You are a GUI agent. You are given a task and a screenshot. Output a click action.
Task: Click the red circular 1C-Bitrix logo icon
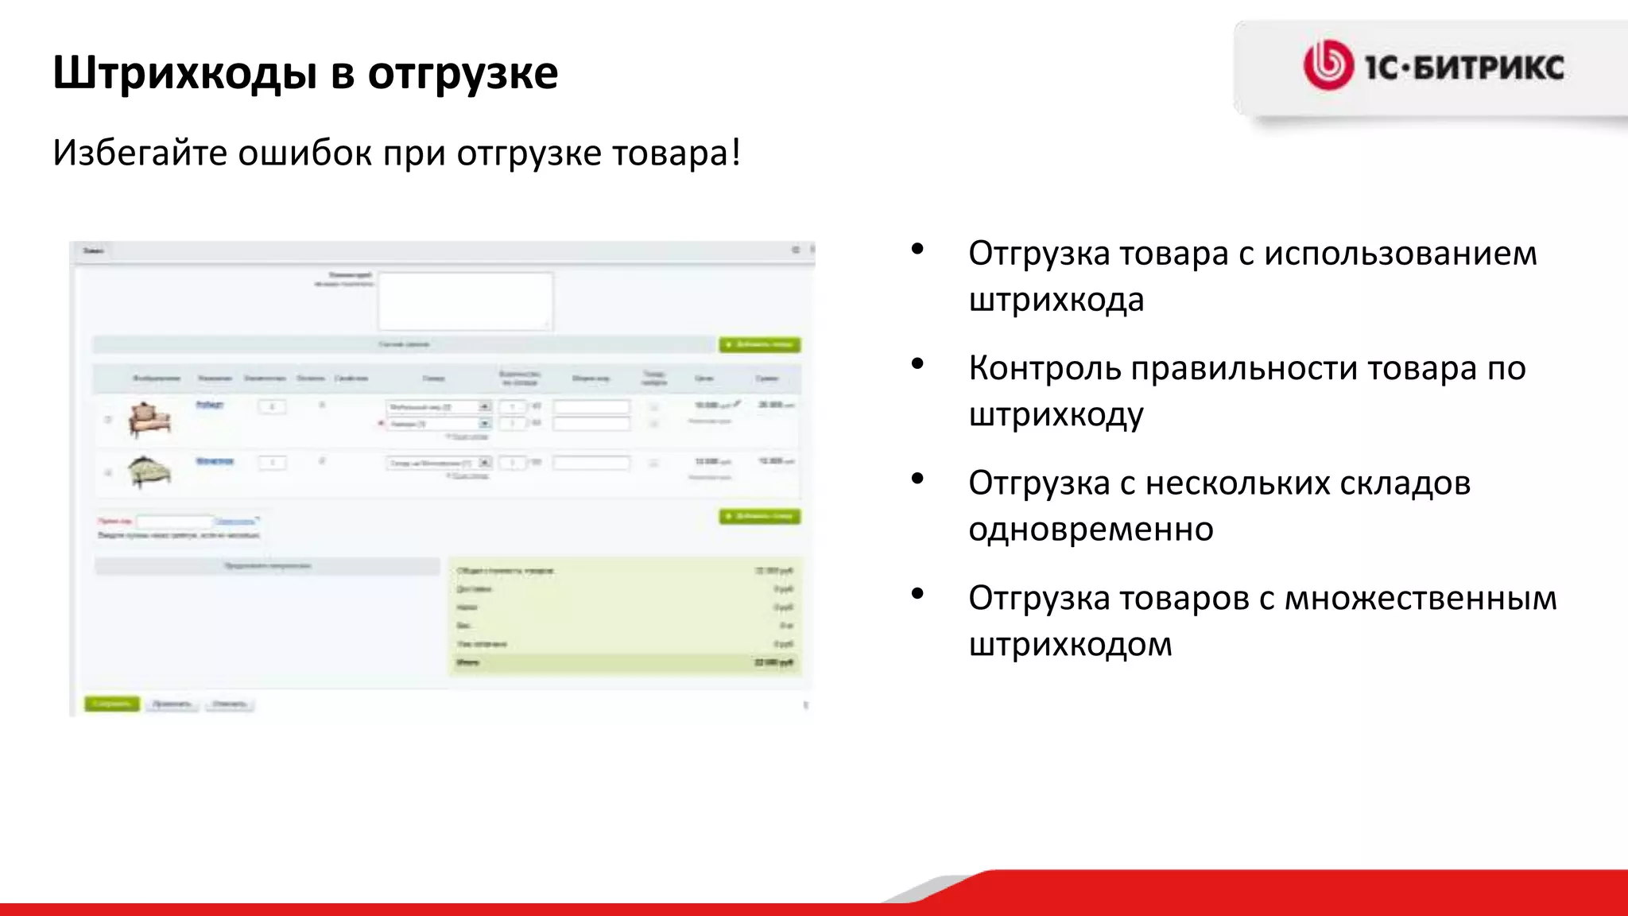tap(1328, 65)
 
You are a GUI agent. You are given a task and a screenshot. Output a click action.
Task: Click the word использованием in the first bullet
tap(1400, 254)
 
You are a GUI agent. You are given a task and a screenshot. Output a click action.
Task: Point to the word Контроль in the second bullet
tap(1045, 368)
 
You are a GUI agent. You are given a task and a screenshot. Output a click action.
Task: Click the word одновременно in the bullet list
tap(1091, 529)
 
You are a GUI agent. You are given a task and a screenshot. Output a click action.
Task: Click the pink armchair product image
tap(149, 419)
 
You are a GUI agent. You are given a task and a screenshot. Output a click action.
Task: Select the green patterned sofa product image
tap(149, 472)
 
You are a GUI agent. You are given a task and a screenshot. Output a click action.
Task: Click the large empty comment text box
tap(465, 301)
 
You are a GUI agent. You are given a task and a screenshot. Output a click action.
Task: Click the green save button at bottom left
tap(112, 704)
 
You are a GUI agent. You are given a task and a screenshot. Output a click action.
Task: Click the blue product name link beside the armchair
tap(210, 405)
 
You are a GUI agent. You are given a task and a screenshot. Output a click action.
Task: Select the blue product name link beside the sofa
tap(215, 461)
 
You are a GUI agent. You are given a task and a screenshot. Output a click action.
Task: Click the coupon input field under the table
tap(174, 522)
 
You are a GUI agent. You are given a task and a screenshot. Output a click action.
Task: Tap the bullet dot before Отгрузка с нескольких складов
tap(918, 479)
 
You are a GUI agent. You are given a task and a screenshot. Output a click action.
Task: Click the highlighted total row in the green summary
tap(625, 662)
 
